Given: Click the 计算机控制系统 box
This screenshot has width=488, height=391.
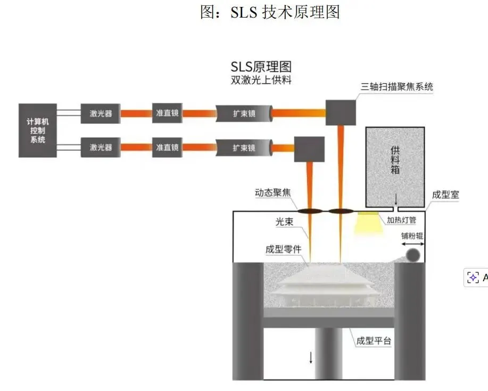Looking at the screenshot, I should (x=37, y=130).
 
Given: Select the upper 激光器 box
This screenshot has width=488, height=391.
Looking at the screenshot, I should (x=101, y=113).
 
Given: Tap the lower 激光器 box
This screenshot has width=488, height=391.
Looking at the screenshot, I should (x=101, y=147).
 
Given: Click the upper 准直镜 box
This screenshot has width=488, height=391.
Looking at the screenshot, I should (x=167, y=113).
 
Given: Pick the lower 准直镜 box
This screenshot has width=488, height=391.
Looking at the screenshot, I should (x=167, y=147).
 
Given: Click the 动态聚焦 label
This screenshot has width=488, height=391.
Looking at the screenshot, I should (x=273, y=192).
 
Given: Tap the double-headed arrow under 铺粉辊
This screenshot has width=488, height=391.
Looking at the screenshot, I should (x=412, y=243).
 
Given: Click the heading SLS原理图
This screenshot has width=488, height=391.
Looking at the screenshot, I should (x=261, y=67).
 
